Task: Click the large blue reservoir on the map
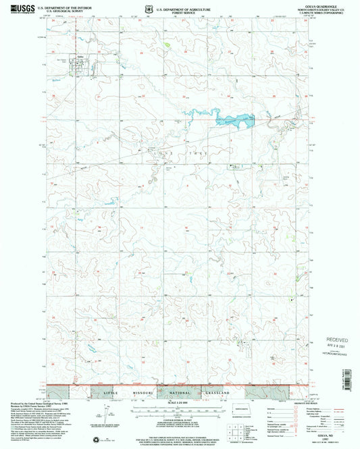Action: [x=233, y=121]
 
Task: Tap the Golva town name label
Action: [x=80, y=57]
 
